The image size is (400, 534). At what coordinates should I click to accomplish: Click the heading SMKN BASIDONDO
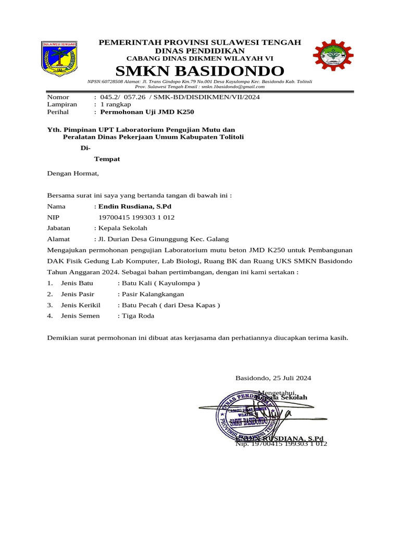pyautogui.click(x=200, y=71)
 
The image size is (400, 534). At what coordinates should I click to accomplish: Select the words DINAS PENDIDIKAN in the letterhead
pyautogui.click(x=200, y=51)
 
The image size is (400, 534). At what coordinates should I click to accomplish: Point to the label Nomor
pyautogui.click(x=58, y=97)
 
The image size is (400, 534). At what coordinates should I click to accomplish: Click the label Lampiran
pyautogui.click(x=62, y=104)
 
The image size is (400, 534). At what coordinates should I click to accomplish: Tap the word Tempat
pyautogui.click(x=107, y=159)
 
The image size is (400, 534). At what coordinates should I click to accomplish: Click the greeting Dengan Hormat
pyautogui.click(x=72, y=174)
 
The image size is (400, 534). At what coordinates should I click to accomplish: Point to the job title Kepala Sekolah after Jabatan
pyautogui.click(x=122, y=228)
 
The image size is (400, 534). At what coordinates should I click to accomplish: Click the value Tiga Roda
pyautogui.click(x=137, y=315)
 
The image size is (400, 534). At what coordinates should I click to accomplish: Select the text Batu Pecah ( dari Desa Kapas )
pyautogui.click(x=170, y=305)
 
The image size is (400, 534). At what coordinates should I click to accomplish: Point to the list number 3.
pyautogui.click(x=50, y=305)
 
